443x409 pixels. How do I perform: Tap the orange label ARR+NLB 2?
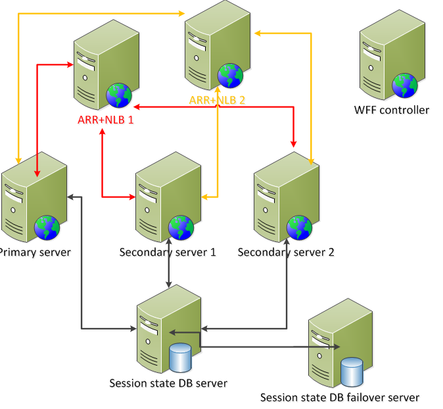(x=217, y=100)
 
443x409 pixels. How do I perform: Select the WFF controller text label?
(x=391, y=110)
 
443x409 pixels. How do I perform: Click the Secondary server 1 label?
(x=168, y=252)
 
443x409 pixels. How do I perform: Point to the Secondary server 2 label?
(x=286, y=252)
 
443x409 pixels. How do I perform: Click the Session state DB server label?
(x=168, y=383)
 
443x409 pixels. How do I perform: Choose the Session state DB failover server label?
(x=340, y=397)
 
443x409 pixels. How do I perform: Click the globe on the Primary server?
(x=47, y=228)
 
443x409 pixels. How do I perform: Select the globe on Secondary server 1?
(x=181, y=228)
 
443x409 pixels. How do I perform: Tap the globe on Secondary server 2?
(x=299, y=228)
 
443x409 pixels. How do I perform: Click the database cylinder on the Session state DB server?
(x=180, y=358)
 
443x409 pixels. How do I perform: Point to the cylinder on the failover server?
(x=352, y=372)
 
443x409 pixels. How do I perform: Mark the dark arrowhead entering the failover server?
(x=337, y=347)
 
